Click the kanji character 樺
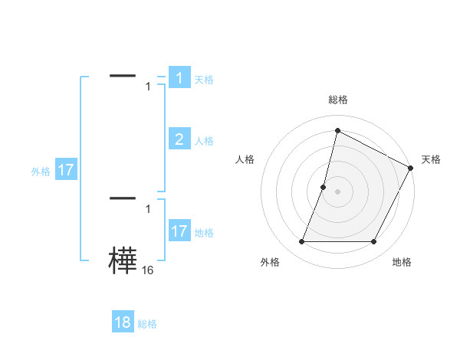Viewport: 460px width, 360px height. [123, 261]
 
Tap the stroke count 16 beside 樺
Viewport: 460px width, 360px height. [147, 270]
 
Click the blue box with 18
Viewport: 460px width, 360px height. [123, 322]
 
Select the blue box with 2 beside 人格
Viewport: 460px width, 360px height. [179, 139]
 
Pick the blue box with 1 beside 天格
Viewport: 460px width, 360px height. [179, 77]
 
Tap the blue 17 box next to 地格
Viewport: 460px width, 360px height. [179, 231]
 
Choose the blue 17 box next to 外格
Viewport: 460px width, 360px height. [66, 170]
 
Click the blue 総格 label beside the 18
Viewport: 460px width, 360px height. [147, 324]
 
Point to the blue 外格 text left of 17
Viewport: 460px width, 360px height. [41, 172]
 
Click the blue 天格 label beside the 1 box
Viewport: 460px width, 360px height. [204, 79]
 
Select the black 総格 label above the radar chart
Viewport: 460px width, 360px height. [337, 100]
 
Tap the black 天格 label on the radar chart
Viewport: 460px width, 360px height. [431, 159]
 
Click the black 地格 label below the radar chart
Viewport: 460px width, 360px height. [402, 262]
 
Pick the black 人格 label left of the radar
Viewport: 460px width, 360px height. [245, 159]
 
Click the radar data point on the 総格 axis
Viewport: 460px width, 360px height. [337, 130]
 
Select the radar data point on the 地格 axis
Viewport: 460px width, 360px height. [374, 242]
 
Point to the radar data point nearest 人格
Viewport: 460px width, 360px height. [324, 187]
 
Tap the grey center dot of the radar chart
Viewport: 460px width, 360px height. [337, 191]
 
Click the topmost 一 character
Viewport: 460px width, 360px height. [123, 76]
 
